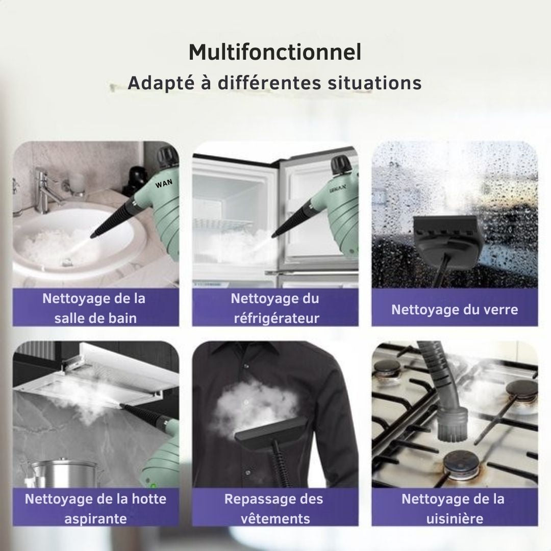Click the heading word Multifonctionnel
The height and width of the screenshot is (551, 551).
click(x=275, y=53)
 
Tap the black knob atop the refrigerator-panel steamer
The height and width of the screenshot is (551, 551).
click(x=341, y=164)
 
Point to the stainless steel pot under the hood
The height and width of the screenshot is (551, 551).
click(x=63, y=472)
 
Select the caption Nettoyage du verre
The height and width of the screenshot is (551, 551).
click(x=455, y=310)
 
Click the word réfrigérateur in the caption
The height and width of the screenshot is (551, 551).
click(x=277, y=318)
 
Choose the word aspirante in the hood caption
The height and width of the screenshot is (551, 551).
click(x=95, y=519)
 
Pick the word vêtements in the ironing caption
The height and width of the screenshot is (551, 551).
click(x=275, y=519)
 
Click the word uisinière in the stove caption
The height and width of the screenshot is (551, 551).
click(x=455, y=519)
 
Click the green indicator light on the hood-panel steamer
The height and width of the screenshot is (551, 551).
click(x=153, y=486)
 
